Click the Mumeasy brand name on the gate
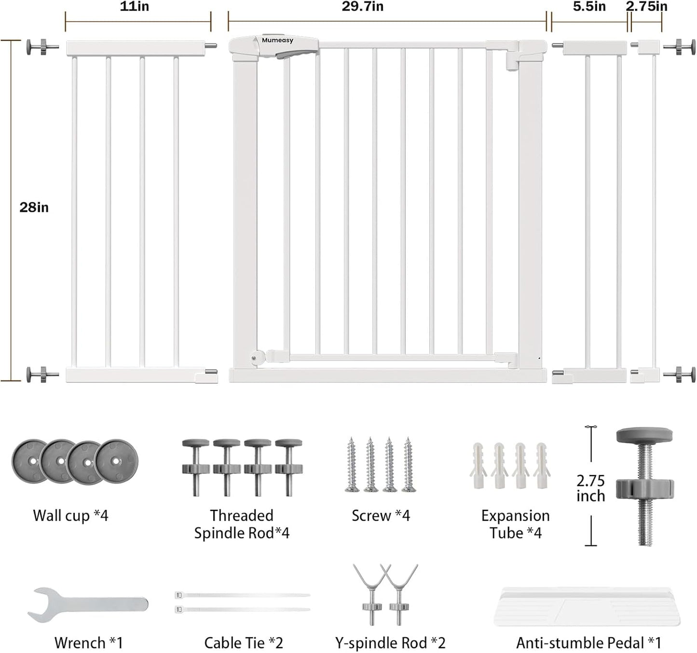point(277,41)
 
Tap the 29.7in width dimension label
point(363,7)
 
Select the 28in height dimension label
point(34,207)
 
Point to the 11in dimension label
point(135,7)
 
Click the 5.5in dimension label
point(589,7)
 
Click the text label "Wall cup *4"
point(70,515)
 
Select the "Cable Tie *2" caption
point(244,643)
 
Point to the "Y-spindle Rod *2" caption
point(390,643)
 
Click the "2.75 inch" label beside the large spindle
point(591,488)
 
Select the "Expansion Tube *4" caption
point(516,524)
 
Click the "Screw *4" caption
point(381,515)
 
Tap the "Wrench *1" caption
point(88,643)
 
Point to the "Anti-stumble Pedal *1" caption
point(588,643)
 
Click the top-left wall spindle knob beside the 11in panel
point(42,47)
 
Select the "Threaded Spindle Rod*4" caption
point(242,524)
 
